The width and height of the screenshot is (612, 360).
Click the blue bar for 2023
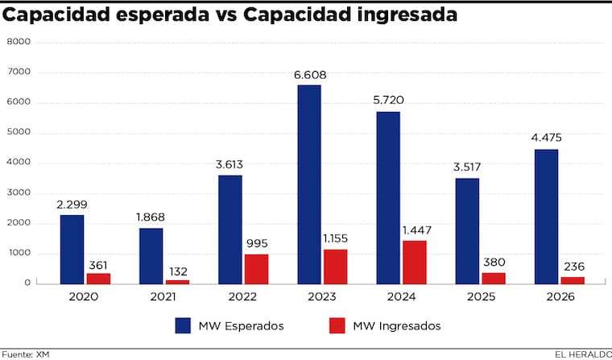coord(308,184)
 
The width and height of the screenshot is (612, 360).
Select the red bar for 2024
coord(414,262)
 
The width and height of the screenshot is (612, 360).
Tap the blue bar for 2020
coord(71,249)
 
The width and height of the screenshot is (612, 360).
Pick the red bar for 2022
coord(256,269)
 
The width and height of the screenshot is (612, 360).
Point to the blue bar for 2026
coord(545,216)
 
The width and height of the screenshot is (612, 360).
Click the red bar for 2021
coord(177,281)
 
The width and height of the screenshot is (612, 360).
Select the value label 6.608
coord(310,75)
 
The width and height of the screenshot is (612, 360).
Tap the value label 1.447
coord(414,231)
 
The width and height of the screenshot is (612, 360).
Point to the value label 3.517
coord(467,168)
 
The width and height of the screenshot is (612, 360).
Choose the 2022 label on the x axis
coord(242,296)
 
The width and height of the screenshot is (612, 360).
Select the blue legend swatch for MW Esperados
coord(184,325)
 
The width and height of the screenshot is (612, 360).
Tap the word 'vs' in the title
coord(226,14)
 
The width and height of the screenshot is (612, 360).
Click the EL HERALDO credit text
coord(582,354)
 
